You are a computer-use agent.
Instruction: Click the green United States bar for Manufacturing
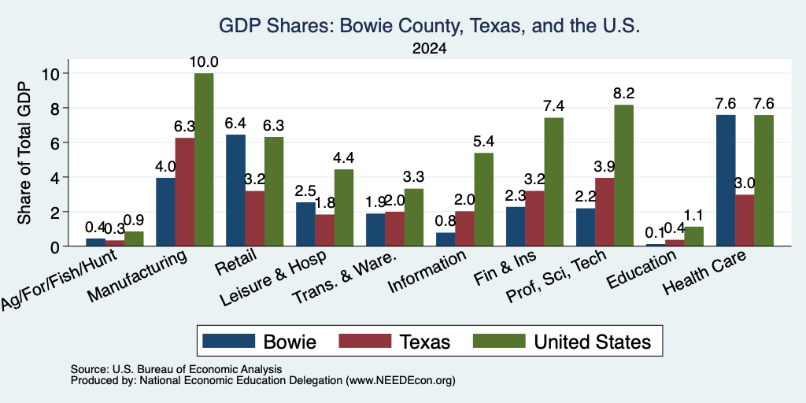tap(204, 159)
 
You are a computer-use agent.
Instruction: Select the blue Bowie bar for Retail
tap(235, 190)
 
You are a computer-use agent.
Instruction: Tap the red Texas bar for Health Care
tap(745, 220)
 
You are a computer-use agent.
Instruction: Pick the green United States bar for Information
tap(484, 199)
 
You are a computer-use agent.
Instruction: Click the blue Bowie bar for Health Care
tap(725, 180)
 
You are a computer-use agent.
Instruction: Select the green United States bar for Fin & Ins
tap(553, 182)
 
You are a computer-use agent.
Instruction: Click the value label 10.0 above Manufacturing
tap(204, 62)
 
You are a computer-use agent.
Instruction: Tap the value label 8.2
tap(623, 94)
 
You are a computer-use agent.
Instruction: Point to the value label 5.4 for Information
tap(484, 142)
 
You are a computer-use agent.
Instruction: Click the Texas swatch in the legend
tap(365, 341)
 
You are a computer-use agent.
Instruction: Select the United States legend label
tap(593, 342)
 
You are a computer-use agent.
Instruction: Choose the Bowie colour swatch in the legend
tap(229, 341)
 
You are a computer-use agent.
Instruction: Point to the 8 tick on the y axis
tap(65, 108)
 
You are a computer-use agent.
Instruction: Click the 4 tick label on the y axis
tap(54, 177)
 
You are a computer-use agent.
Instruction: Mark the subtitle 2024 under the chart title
tap(429, 49)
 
